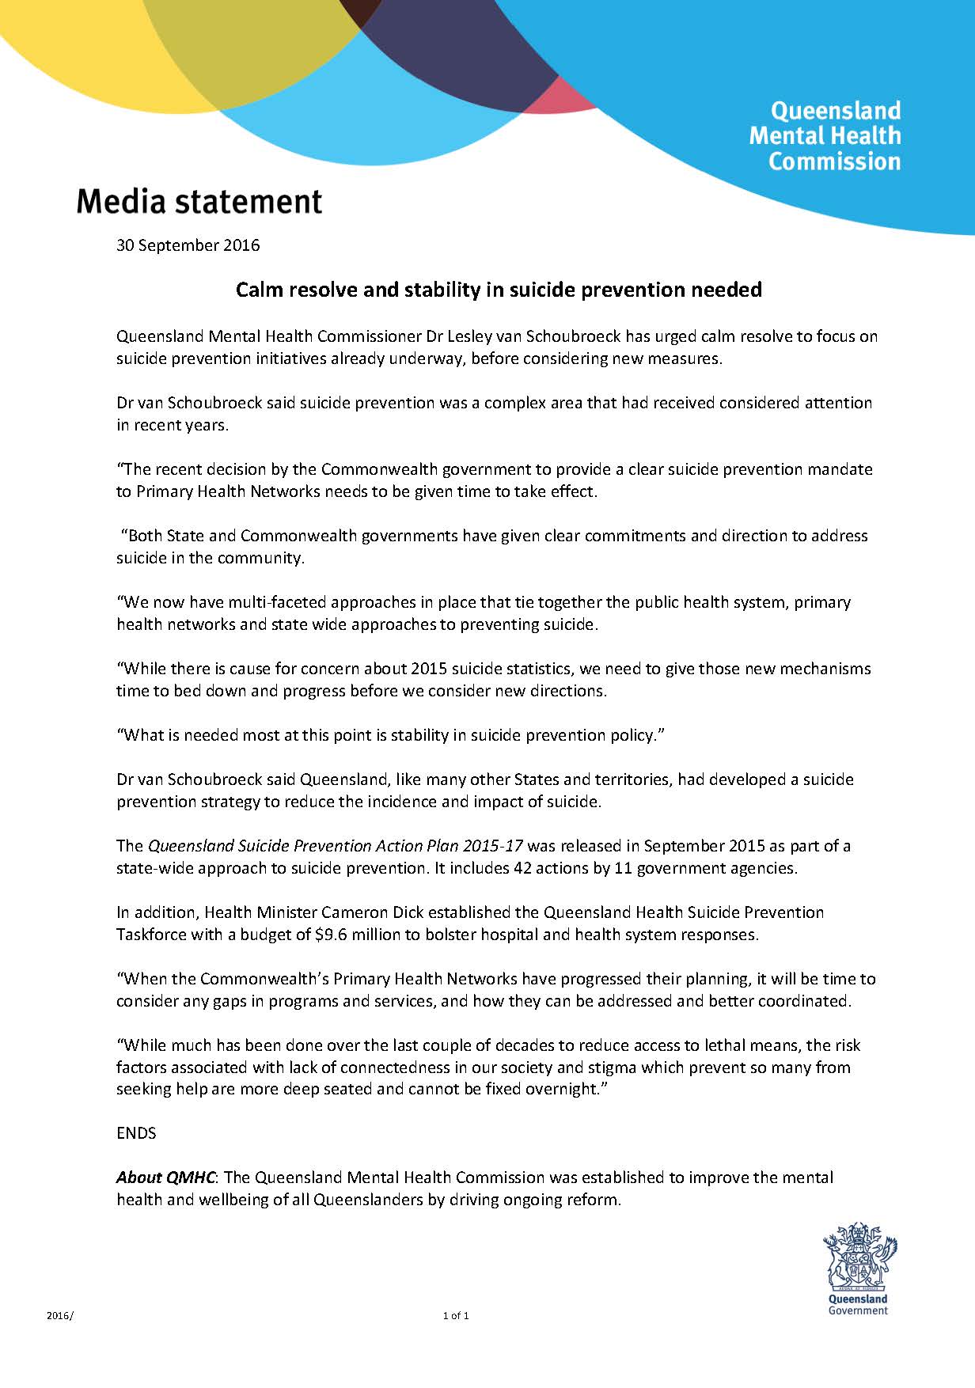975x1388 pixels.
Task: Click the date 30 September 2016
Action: (x=188, y=245)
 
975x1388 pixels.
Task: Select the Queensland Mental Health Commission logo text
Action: (x=825, y=136)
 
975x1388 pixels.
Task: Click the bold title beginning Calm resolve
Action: (x=499, y=290)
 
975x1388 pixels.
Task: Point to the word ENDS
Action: (x=136, y=1133)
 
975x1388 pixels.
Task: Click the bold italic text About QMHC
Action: (x=165, y=1178)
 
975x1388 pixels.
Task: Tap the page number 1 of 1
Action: (x=456, y=1316)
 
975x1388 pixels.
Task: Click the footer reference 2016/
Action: (x=59, y=1316)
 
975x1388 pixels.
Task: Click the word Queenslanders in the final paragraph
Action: (x=368, y=1200)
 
